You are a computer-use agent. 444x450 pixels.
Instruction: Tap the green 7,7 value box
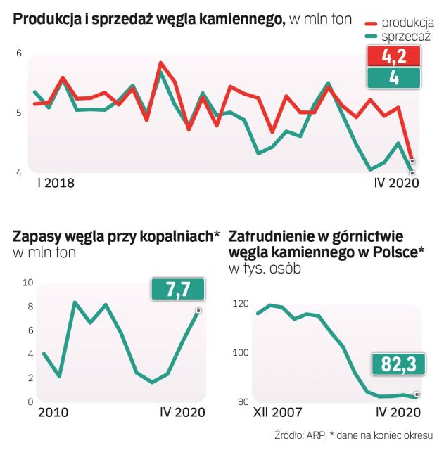coord(177,288)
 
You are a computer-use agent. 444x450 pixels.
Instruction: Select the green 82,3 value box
coord(395,364)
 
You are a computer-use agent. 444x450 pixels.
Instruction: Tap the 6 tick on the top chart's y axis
coord(19,53)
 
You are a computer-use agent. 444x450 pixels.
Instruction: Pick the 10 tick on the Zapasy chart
coord(28,282)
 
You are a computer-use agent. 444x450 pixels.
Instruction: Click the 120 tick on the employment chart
coord(241,304)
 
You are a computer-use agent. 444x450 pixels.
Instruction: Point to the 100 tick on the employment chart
coord(241,352)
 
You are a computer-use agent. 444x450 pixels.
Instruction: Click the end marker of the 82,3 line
coord(417,394)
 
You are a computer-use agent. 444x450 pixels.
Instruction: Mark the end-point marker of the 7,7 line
coord(199,311)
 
